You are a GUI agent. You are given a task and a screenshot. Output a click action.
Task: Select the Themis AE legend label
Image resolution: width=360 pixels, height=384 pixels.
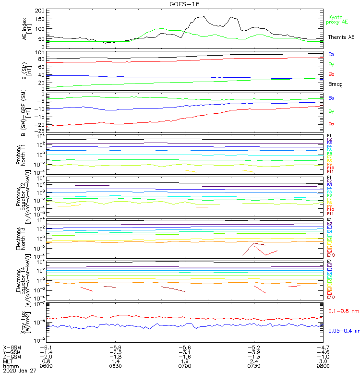(x=341, y=37)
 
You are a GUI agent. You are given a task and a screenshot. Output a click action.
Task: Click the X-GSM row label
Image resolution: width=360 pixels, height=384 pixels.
(x=12, y=347)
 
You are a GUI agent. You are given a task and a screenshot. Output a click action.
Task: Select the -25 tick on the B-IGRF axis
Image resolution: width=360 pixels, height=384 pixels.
(x=40, y=131)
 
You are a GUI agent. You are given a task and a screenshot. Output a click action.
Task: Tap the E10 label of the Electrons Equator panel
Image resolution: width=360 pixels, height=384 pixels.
(x=331, y=297)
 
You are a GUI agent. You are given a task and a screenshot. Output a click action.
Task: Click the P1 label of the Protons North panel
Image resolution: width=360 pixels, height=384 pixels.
(x=329, y=136)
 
